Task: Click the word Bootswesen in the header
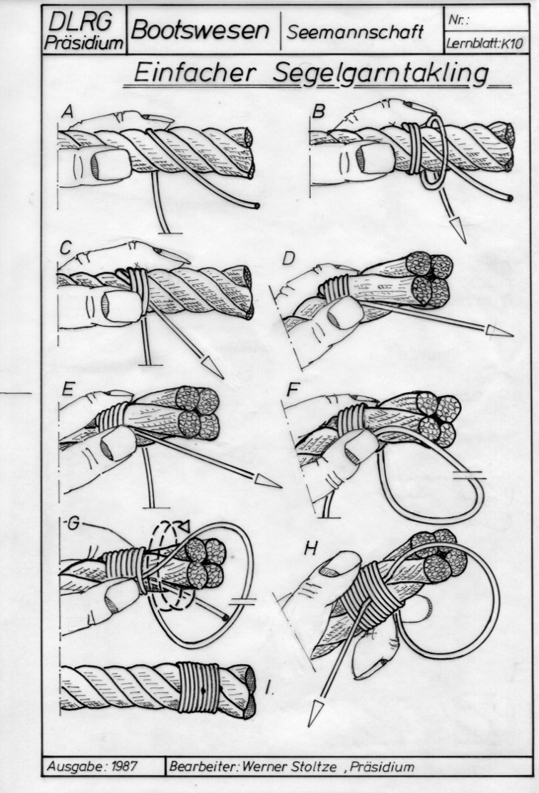[x=200, y=31]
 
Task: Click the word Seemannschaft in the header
[x=355, y=32]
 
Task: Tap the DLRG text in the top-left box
[x=81, y=21]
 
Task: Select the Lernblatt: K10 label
[x=484, y=44]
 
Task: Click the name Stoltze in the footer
[x=314, y=766]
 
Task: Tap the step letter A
[x=67, y=112]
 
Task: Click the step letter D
[x=288, y=258]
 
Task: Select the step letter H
[x=312, y=548]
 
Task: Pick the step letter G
[x=74, y=523]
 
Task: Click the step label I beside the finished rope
[x=270, y=687]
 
